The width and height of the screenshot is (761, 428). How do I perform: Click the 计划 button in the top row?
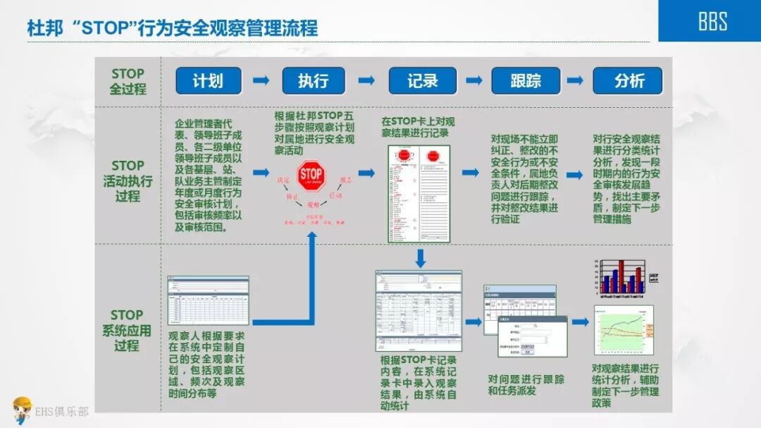pos(208,81)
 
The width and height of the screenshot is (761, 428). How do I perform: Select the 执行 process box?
pos(314,81)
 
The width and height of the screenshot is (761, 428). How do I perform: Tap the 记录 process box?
pos(422,81)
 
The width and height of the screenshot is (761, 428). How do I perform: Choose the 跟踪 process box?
pos(526,81)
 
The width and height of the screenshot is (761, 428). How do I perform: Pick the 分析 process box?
pos(628,81)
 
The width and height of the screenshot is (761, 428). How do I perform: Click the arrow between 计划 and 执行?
pos(261,80)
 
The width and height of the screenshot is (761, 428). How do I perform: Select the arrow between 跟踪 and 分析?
pos(576,80)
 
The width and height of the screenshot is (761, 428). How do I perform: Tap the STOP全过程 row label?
pos(128,81)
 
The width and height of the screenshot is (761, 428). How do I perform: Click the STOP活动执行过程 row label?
pos(128,181)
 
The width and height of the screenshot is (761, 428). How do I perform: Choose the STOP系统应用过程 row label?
pos(127,330)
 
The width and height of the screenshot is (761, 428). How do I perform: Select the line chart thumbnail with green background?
pos(623,330)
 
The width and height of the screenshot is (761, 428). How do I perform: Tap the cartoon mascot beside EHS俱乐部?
pos(22,410)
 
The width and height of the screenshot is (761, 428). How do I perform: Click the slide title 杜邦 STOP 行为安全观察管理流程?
pos(173,28)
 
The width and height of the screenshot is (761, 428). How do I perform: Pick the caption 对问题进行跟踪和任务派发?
pos(526,384)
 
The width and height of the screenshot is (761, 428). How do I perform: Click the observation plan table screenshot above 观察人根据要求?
pos(208,300)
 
